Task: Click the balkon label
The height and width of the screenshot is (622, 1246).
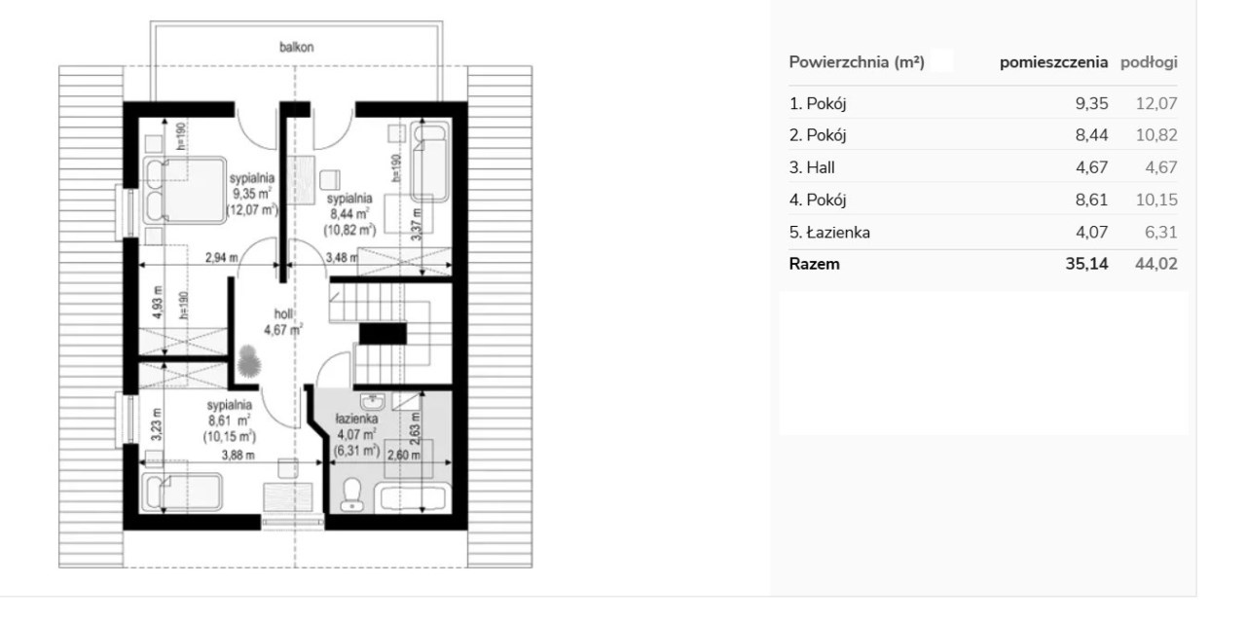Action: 297,48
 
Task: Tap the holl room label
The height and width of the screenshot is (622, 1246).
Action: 283,313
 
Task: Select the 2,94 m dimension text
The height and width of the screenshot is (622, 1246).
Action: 221,258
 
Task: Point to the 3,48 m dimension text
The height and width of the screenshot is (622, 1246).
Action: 342,258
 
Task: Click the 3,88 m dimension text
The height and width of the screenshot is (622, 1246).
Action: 238,456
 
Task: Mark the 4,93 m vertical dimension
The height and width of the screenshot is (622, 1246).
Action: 158,302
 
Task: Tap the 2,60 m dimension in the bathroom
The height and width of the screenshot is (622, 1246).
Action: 404,456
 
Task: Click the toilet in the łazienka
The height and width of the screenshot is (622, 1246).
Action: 351,494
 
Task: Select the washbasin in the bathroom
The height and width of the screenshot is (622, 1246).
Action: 372,401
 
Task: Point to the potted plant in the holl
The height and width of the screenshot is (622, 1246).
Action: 248,361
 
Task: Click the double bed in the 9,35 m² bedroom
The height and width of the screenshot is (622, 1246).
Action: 185,190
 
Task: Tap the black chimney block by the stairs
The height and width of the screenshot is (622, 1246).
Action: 383,334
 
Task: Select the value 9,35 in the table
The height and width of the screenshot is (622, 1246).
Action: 1091,103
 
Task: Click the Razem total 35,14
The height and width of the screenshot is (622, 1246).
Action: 1087,264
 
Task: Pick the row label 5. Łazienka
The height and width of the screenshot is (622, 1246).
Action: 829,232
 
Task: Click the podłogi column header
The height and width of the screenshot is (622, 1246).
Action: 1149,62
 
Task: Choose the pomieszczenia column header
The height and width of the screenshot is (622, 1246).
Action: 1053,62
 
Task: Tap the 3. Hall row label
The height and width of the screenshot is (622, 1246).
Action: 812,167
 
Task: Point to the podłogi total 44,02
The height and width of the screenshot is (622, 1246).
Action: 1156,264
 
